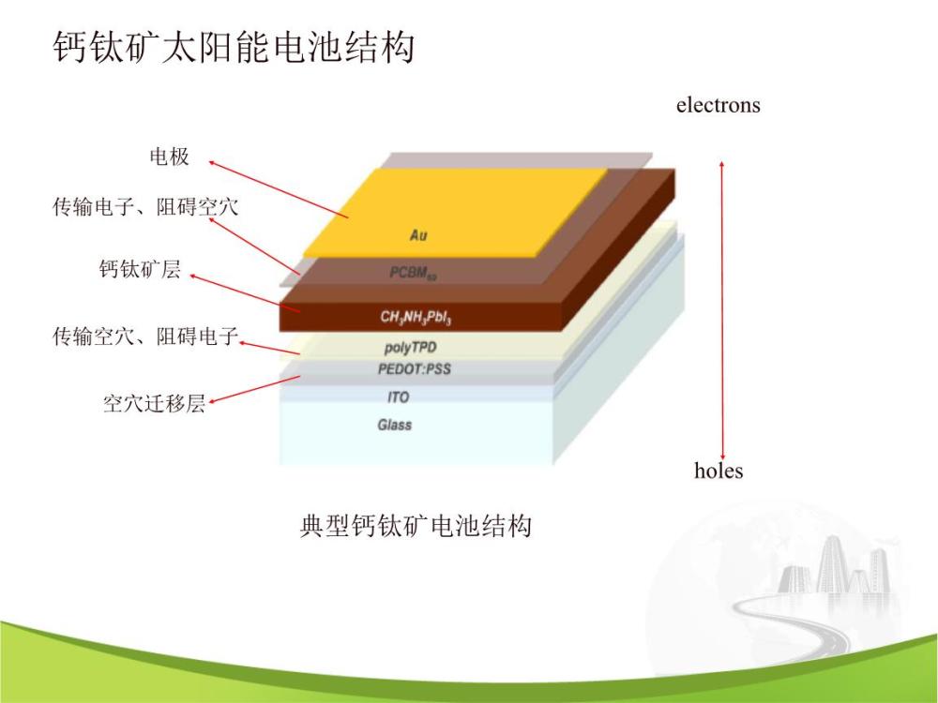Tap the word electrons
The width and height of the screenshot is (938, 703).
tap(718, 105)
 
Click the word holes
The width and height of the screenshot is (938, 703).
tap(718, 471)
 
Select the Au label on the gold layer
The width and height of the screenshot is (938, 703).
tap(418, 235)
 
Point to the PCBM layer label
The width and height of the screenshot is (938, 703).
tap(414, 273)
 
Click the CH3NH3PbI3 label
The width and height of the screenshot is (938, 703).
tap(416, 318)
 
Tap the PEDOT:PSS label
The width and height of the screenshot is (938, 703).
tap(414, 369)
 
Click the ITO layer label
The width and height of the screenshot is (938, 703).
tap(398, 397)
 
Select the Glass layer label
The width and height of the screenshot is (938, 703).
tap(395, 426)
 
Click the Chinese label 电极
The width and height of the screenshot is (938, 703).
tap(170, 157)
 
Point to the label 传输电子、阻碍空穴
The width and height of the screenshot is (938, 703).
tap(145, 206)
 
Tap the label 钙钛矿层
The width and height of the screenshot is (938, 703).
tap(140, 271)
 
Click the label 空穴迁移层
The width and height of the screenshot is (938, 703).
tap(154, 405)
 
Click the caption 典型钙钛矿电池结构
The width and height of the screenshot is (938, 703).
tap(416, 526)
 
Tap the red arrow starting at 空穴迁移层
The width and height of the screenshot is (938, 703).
tap(253, 391)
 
